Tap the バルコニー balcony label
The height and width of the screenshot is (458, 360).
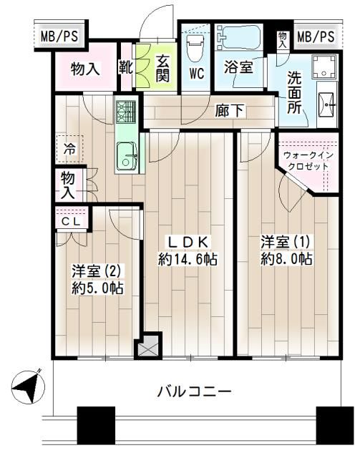coord(193,392)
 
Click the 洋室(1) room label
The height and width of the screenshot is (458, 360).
coord(286,250)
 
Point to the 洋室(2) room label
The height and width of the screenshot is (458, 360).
coord(97,280)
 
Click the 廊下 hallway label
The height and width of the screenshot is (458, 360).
coord(228,111)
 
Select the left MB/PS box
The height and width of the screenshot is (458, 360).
coord(55,36)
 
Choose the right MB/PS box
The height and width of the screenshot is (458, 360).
coord(315,36)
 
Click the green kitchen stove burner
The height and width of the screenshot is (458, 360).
coord(125,112)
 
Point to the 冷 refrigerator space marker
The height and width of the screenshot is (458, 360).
coord(69,150)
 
